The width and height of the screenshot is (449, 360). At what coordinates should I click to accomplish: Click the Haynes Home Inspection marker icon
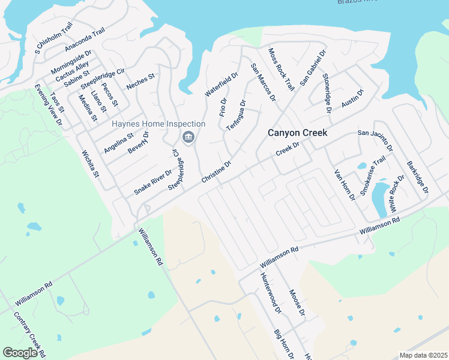click(188, 137)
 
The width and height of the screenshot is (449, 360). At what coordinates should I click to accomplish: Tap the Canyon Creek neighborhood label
click(297, 133)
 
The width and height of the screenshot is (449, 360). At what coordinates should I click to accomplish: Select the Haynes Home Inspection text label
click(158, 124)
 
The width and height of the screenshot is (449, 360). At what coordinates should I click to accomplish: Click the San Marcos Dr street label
click(263, 82)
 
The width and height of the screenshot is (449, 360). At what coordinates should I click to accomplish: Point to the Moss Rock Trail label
click(281, 69)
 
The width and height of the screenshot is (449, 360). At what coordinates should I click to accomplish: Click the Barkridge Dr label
click(417, 176)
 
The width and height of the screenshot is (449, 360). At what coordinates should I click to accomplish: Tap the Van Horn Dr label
click(345, 185)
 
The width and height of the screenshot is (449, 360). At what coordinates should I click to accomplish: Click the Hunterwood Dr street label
click(271, 293)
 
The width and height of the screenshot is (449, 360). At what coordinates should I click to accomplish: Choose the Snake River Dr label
click(152, 182)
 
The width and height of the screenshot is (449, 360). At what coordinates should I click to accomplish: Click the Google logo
click(20, 353)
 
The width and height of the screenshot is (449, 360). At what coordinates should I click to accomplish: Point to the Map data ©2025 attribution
click(423, 355)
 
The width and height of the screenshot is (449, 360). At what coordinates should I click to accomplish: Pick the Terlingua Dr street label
click(236, 116)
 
